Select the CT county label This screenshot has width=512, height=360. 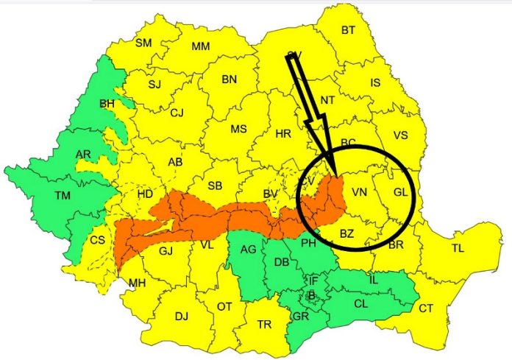tap(426, 308)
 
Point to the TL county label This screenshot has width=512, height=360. tap(458, 248)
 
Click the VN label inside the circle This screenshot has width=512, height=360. tap(359, 192)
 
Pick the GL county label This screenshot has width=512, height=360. tap(399, 192)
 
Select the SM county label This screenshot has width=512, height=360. tap(143, 43)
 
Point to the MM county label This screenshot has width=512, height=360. tap(200, 46)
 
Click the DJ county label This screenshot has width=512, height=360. tap(181, 316)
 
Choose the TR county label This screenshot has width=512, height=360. tap(263, 324)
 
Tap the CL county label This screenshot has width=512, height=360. tap(361, 303)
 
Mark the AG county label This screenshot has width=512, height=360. tap(248, 250)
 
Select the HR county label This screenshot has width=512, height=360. tap(282, 134)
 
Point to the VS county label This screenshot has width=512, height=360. tap(400, 135)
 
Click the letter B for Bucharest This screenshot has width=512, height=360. tap(312, 295)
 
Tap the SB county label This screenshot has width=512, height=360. tap(215, 185)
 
